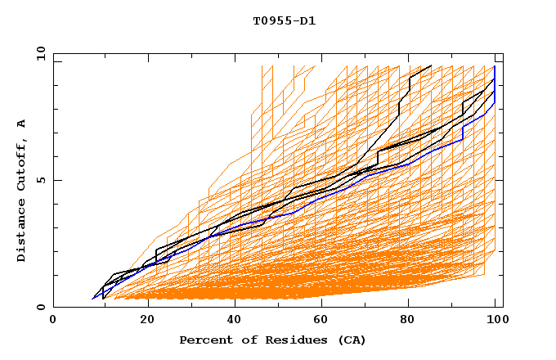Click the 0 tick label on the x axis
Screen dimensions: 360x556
[x=53, y=322]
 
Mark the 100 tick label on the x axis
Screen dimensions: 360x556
[x=495, y=322]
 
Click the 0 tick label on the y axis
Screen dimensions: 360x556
[x=41, y=308]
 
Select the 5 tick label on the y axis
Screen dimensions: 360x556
[x=41, y=181]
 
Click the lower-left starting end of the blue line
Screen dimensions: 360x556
[x=92, y=299]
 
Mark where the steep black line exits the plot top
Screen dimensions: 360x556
[x=431, y=65]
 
